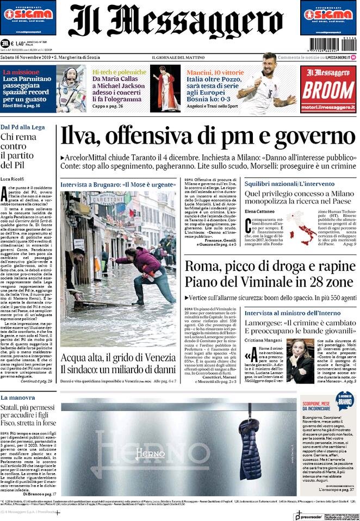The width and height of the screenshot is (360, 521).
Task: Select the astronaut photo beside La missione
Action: [x=71, y=89]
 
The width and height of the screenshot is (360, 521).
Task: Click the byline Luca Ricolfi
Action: [x=14, y=178]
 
